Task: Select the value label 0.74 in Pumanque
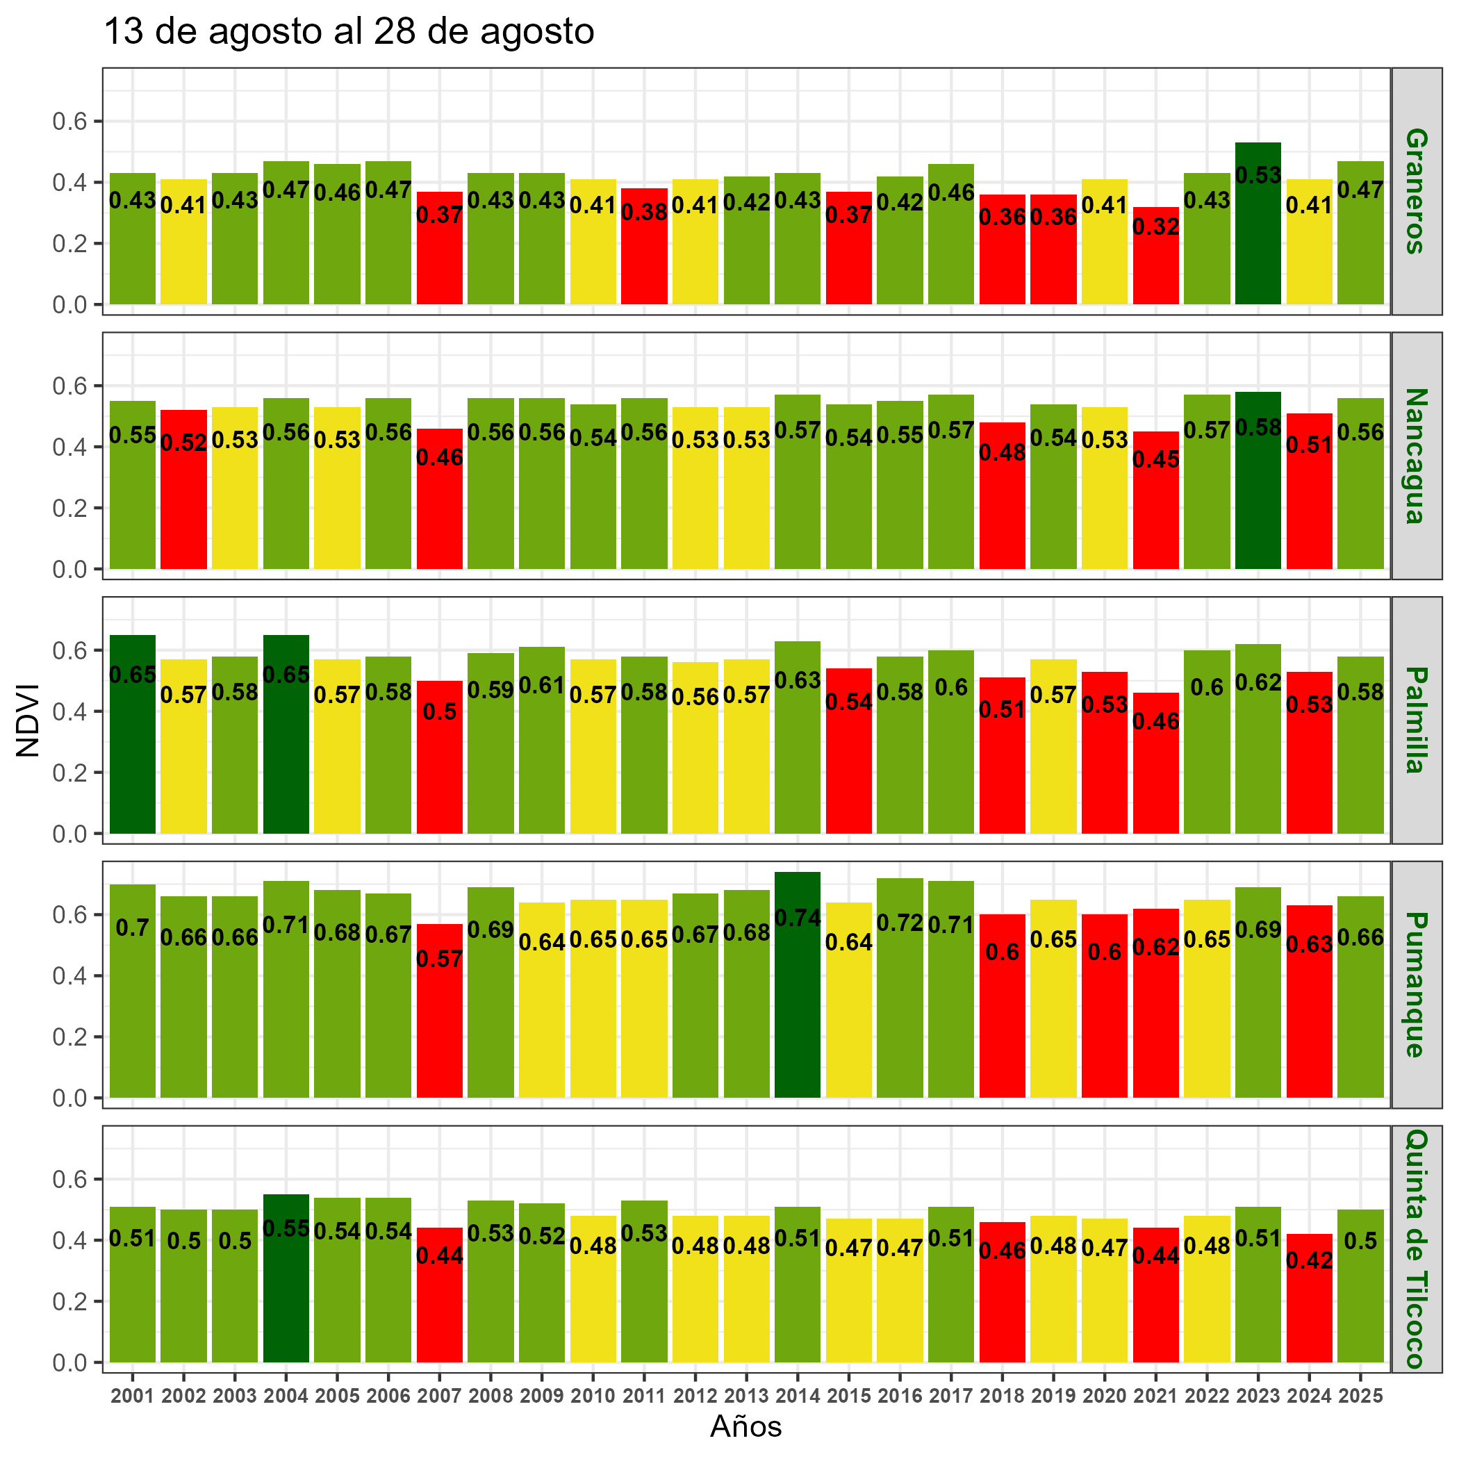tap(798, 918)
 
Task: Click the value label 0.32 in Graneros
tap(1155, 226)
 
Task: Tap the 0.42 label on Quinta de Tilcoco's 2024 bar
tap(1309, 1260)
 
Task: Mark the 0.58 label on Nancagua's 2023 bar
tap(1258, 428)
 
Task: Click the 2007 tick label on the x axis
tap(440, 1396)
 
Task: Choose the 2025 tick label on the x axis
tap(1360, 1396)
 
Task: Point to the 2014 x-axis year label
tap(798, 1396)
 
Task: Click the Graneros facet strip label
tap(1416, 191)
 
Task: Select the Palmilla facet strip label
tap(1416, 720)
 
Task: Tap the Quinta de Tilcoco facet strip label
tap(1416, 1249)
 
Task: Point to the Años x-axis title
tap(745, 1426)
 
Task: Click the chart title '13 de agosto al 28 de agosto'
tap(348, 32)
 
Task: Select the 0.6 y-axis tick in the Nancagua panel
tap(70, 386)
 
